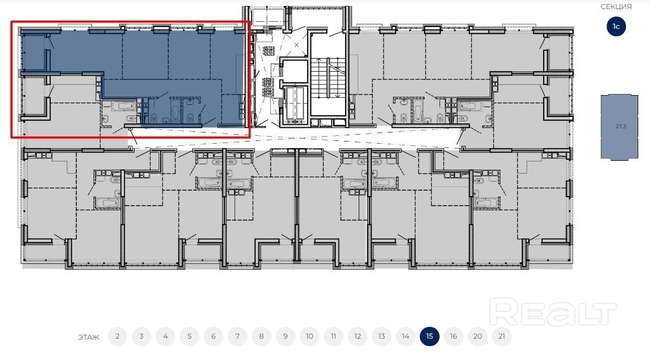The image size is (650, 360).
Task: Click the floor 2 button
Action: coord(117,336)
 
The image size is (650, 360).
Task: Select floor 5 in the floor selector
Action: coord(189,336)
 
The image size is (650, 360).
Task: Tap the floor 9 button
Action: coord(285,336)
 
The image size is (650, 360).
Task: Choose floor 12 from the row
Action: coord(357,336)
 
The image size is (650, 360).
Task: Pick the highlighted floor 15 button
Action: coord(429,336)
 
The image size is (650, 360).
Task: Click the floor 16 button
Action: coord(453,336)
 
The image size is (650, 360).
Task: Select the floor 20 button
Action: coord(477,336)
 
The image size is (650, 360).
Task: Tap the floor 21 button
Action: coord(502,336)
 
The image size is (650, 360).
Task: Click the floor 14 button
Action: coord(405,336)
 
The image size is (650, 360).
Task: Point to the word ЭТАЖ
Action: coord(89,337)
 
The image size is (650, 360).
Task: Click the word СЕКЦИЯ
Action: coord(616,6)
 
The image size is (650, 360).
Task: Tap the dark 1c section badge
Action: coord(616,27)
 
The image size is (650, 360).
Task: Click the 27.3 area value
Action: coord(621,126)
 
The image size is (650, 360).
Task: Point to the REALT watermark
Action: coord(552,311)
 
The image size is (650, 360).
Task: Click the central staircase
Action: coord(328,78)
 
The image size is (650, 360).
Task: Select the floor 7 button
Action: coord(237,336)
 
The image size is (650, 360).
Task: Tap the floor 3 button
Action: coord(142,336)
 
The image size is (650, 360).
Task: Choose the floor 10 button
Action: coord(309,336)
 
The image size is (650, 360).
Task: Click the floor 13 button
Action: coord(381,336)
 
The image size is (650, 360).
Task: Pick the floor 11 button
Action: coord(333,336)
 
